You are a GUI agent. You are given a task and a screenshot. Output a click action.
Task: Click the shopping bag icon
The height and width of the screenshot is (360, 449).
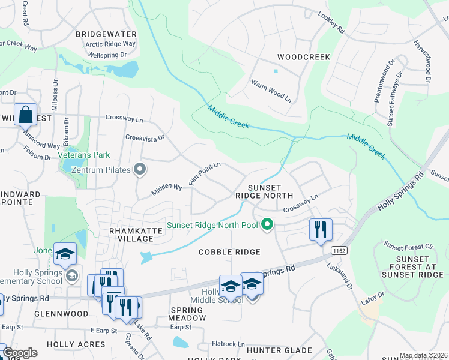26,114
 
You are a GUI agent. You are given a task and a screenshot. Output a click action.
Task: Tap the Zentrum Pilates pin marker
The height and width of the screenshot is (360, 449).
140,170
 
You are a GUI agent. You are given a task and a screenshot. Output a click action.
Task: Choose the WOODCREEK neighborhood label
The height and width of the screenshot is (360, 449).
304,57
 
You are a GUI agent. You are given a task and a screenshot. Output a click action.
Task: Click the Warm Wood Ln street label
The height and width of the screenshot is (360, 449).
271,92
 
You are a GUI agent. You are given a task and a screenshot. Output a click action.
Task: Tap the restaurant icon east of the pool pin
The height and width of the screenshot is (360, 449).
321,229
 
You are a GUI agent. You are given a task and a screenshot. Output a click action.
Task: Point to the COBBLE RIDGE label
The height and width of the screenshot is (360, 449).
230,252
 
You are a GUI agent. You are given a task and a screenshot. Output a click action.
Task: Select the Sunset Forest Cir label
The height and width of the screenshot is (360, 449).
408,247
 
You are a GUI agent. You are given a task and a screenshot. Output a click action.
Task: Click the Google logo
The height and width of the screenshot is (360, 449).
19,353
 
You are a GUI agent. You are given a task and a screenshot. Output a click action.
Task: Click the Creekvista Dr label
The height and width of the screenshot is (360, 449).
145,138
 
